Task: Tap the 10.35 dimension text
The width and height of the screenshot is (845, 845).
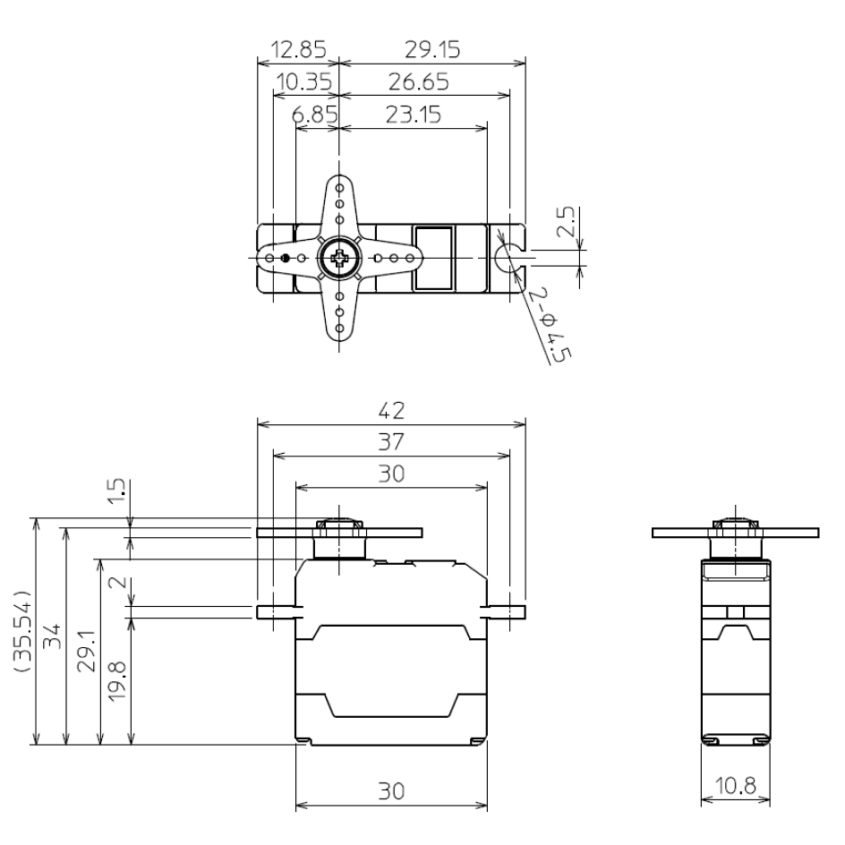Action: (303, 82)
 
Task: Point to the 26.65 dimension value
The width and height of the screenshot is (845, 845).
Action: (418, 82)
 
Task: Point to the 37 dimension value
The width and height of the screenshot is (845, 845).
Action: (391, 442)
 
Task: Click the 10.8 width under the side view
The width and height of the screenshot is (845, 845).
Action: (734, 787)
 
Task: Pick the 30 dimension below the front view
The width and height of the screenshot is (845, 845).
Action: (391, 791)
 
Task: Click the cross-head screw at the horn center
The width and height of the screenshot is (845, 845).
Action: (339, 259)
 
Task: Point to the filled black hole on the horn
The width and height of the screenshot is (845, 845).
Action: (286, 259)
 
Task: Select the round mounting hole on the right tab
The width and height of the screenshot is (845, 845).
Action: (509, 254)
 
